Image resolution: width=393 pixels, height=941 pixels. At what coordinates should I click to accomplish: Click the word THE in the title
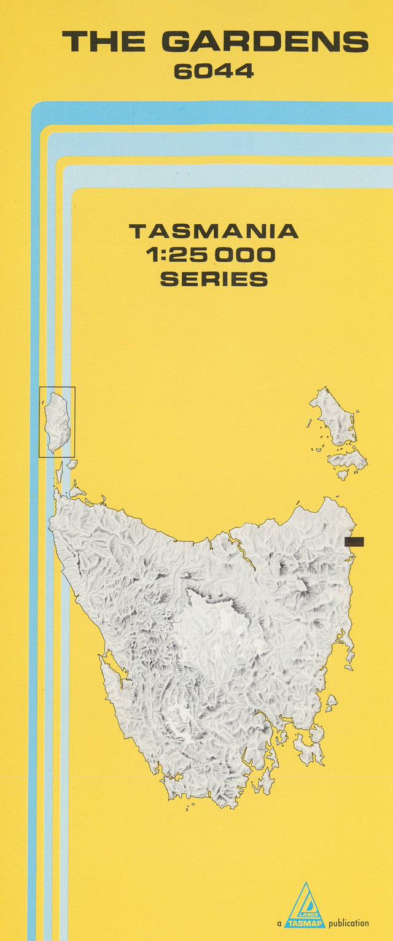[x=103, y=42]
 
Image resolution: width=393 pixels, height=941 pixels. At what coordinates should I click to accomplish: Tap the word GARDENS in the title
[x=265, y=42]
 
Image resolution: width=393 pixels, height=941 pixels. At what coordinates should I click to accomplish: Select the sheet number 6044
[x=214, y=72]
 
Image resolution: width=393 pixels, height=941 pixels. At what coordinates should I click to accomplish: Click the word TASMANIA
[x=213, y=232]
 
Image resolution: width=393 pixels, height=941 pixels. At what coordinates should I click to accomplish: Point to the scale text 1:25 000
[x=211, y=255]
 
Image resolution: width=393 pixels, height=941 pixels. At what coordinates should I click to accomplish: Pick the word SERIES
[x=214, y=279]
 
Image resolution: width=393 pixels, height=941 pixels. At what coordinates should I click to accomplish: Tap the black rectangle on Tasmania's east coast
[x=354, y=542]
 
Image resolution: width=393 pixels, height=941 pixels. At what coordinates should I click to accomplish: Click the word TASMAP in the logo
[x=305, y=923]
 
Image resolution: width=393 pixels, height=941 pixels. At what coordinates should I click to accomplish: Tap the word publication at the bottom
[x=349, y=923]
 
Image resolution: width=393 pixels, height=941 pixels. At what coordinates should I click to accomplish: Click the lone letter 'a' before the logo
[x=279, y=923]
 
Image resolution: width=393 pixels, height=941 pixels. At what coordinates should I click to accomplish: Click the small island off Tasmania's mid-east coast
[x=331, y=701]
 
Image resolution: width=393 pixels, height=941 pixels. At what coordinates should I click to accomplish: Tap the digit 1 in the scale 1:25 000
[x=151, y=255]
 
